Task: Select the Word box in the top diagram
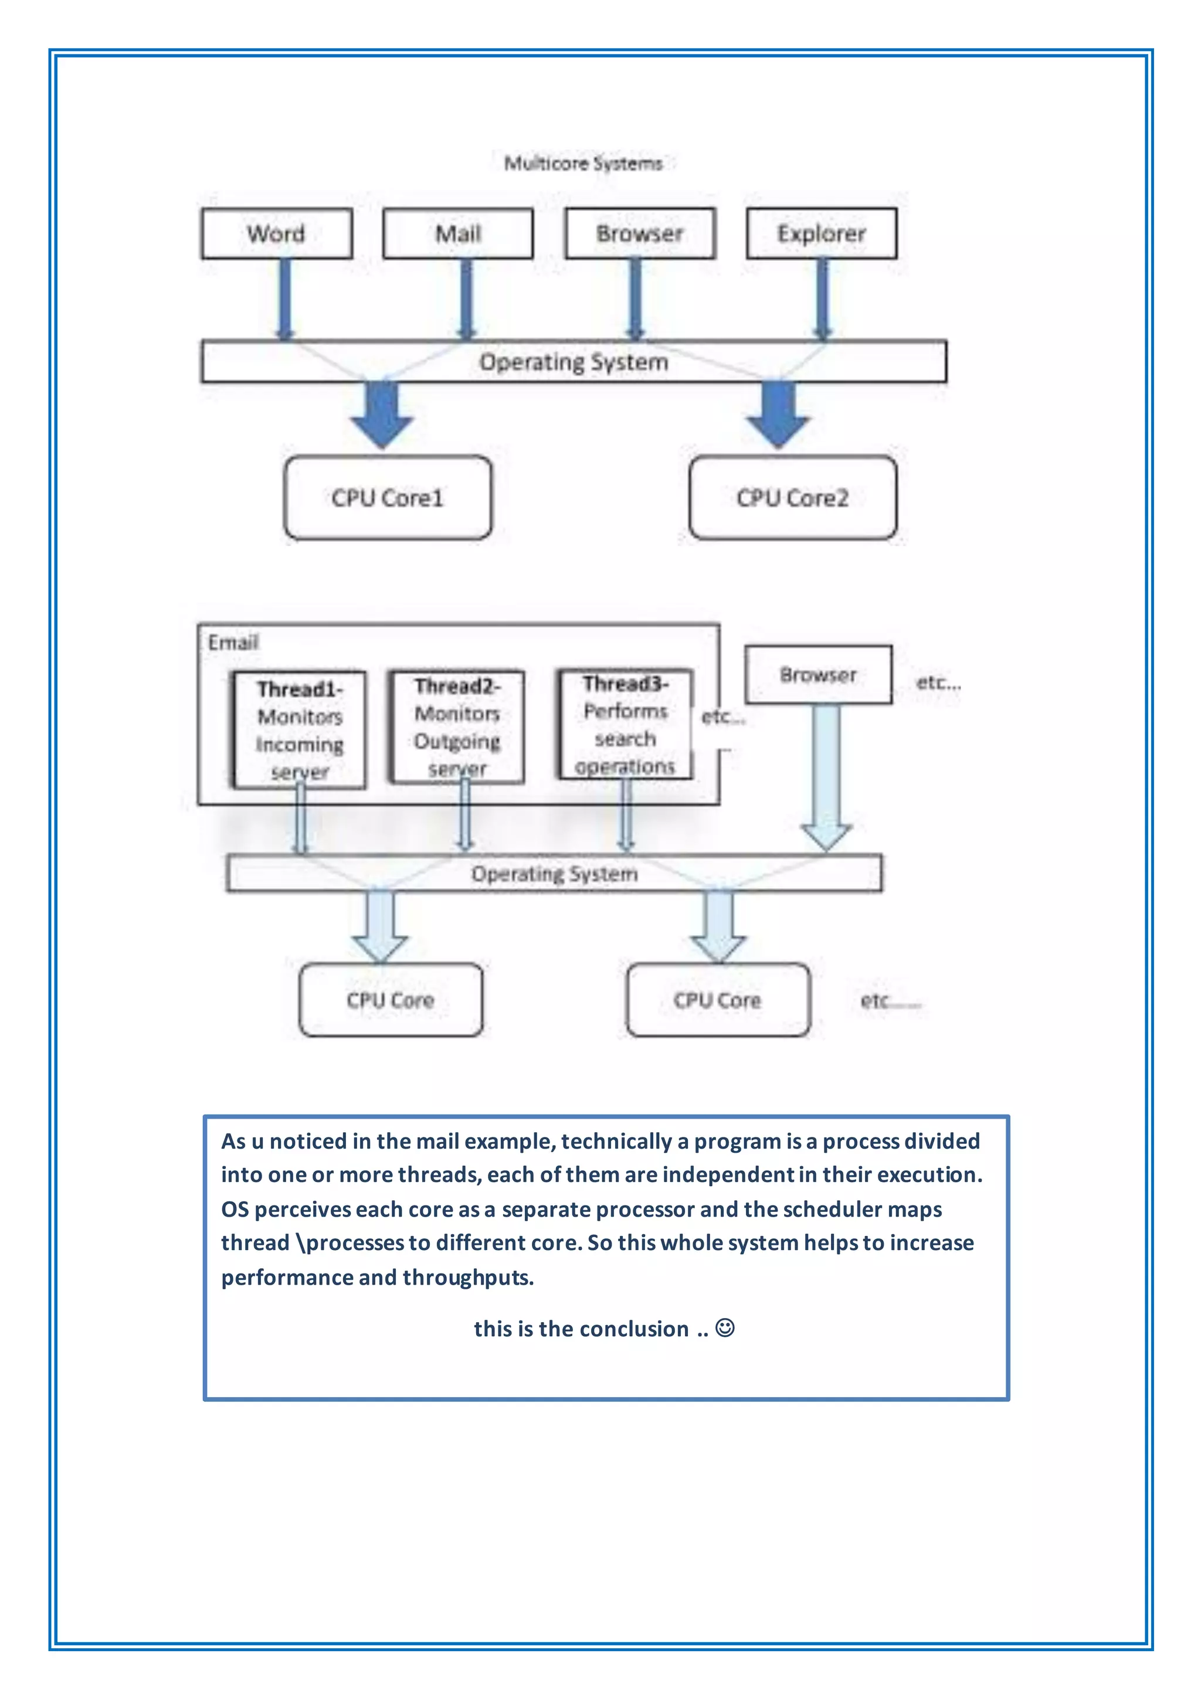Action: click(x=277, y=234)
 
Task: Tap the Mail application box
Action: click(x=458, y=234)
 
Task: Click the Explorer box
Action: click(x=822, y=234)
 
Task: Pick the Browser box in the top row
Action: click(x=640, y=234)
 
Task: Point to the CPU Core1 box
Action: click(x=388, y=498)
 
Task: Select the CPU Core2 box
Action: click(x=793, y=498)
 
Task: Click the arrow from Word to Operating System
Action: click(x=285, y=299)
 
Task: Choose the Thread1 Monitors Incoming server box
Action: click(x=300, y=730)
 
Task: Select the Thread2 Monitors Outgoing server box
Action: click(x=457, y=727)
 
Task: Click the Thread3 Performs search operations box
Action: click(x=625, y=725)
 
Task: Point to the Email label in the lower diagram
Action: click(x=233, y=642)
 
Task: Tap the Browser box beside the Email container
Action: click(x=818, y=674)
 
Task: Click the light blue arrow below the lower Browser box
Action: click(x=826, y=776)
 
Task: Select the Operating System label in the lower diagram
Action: click(x=554, y=874)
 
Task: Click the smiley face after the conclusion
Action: click(x=725, y=1327)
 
